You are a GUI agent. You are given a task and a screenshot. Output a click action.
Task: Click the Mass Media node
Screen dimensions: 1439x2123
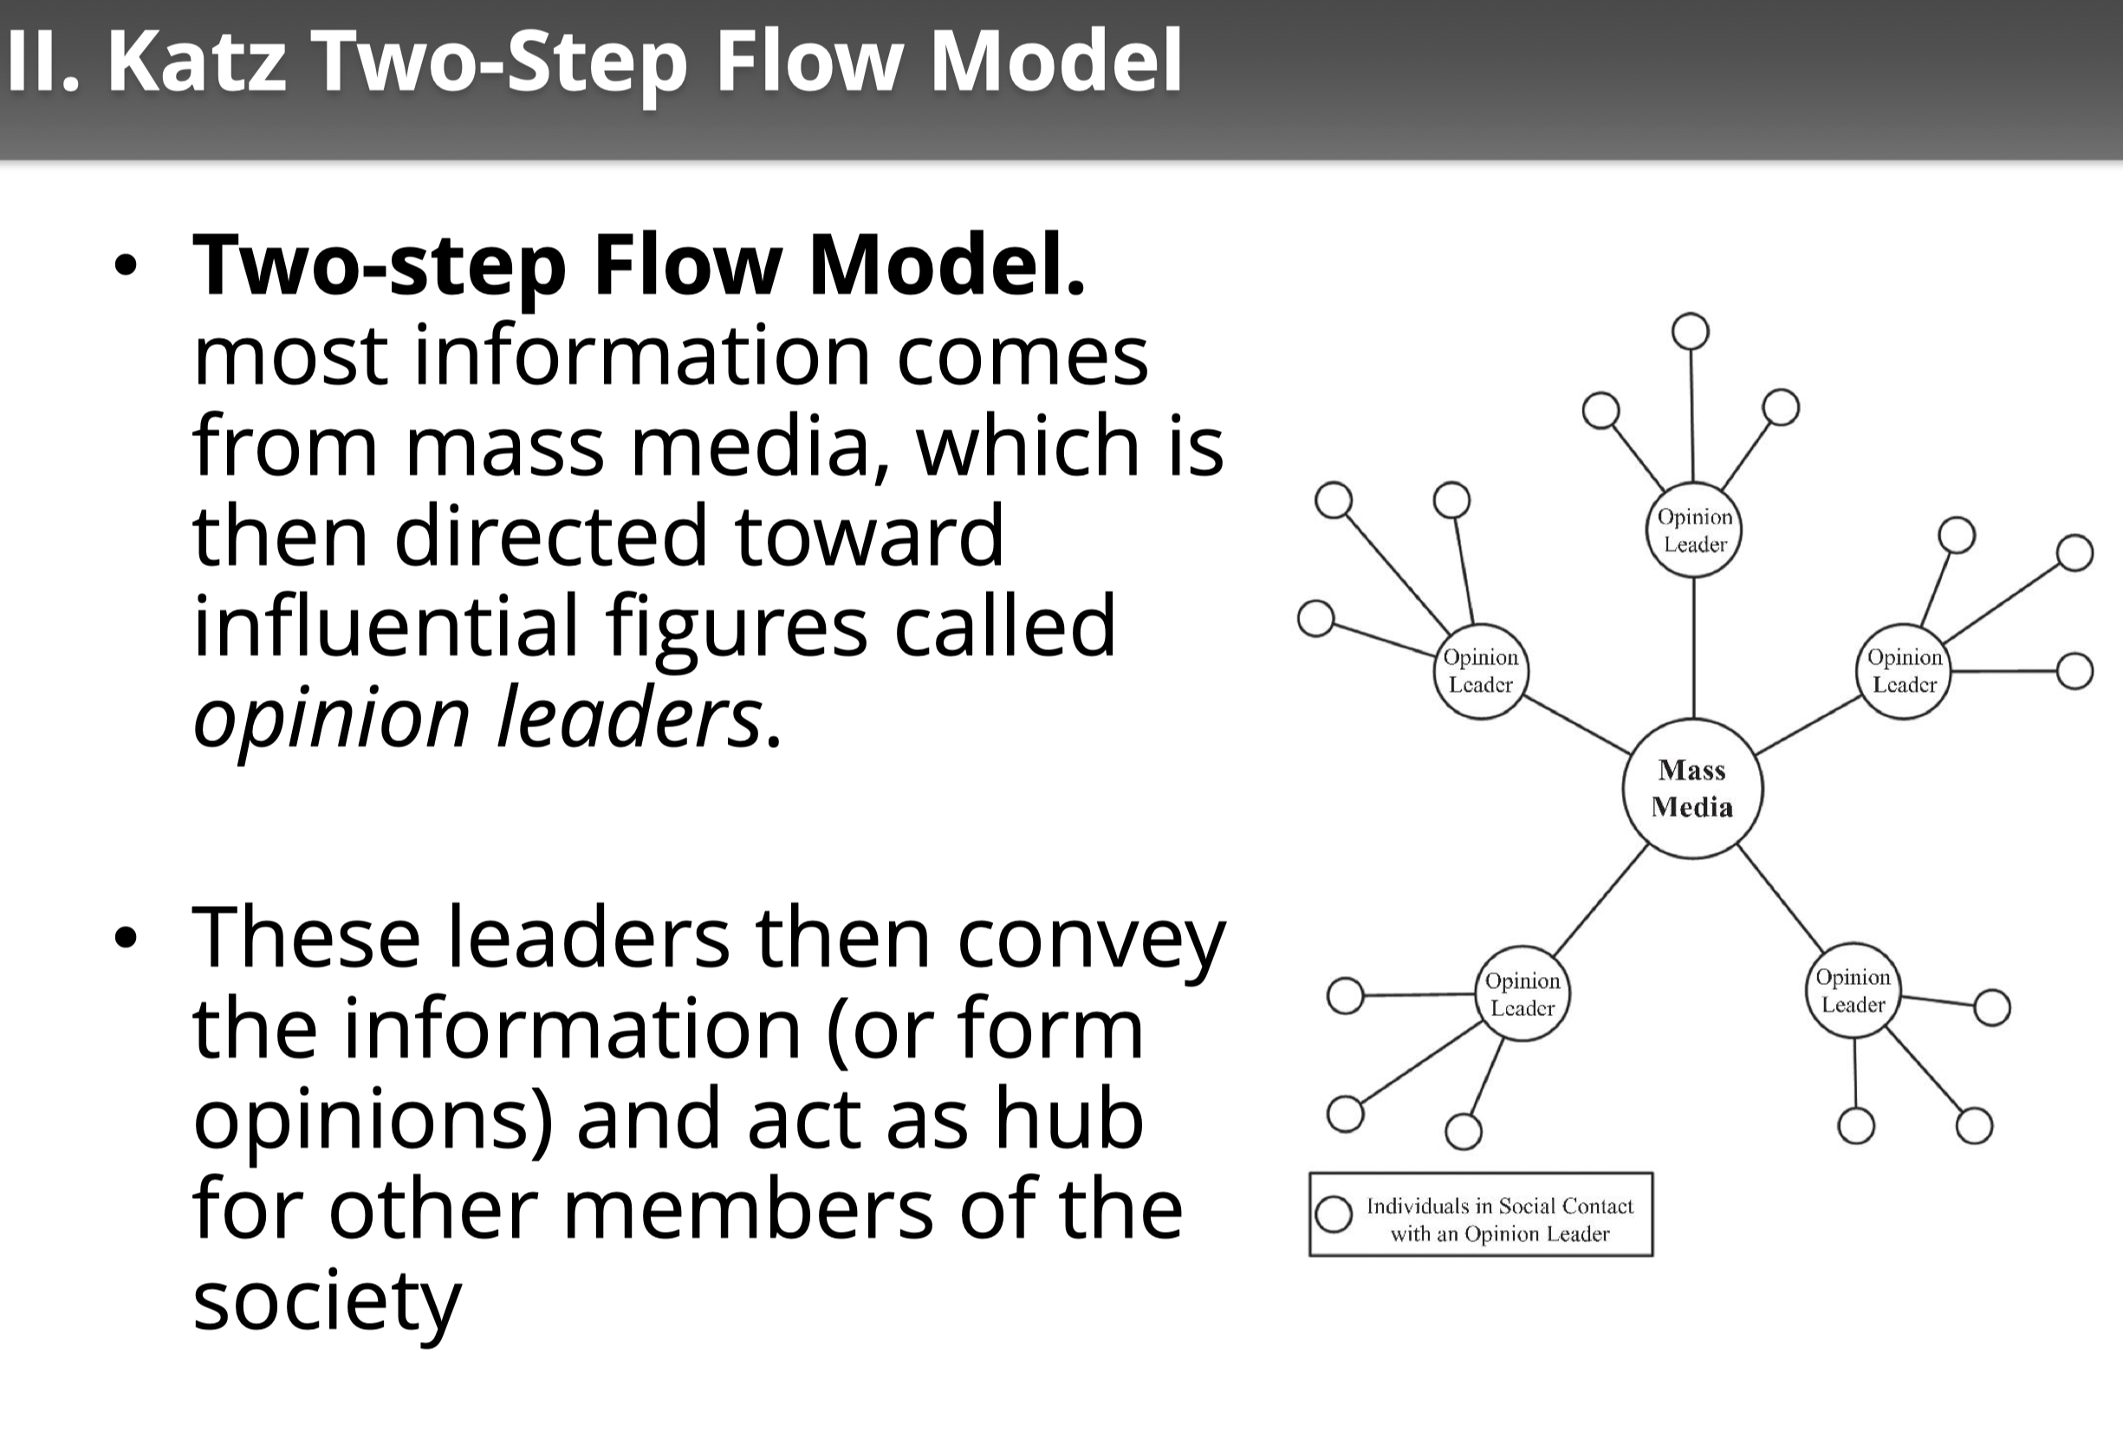1691,789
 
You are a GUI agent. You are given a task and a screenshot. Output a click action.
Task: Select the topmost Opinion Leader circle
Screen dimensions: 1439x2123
1695,530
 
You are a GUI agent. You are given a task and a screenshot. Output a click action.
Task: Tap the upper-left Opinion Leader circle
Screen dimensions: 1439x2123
1480,671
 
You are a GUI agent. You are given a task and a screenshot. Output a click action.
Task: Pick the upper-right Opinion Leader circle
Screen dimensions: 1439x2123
1904,671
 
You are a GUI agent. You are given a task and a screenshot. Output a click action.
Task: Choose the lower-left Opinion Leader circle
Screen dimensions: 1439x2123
1522,993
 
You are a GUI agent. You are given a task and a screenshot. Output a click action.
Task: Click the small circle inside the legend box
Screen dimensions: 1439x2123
1334,1214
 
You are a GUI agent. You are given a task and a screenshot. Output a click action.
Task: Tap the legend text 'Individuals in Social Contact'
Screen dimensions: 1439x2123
1499,1206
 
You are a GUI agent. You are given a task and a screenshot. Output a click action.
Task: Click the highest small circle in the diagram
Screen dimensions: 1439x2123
1690,331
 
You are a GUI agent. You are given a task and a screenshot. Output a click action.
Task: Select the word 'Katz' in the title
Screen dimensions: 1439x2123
198,62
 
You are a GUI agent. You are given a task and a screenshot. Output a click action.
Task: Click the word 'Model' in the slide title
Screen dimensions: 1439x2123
1056,62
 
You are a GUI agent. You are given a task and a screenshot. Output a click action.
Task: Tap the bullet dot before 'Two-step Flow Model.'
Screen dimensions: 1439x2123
125,266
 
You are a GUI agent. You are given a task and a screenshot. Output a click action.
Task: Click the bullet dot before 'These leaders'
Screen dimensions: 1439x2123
125,937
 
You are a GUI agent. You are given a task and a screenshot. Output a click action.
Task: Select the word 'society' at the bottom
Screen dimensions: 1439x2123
326,1301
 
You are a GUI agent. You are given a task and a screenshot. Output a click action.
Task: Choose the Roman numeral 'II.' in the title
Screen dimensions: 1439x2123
42,62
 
